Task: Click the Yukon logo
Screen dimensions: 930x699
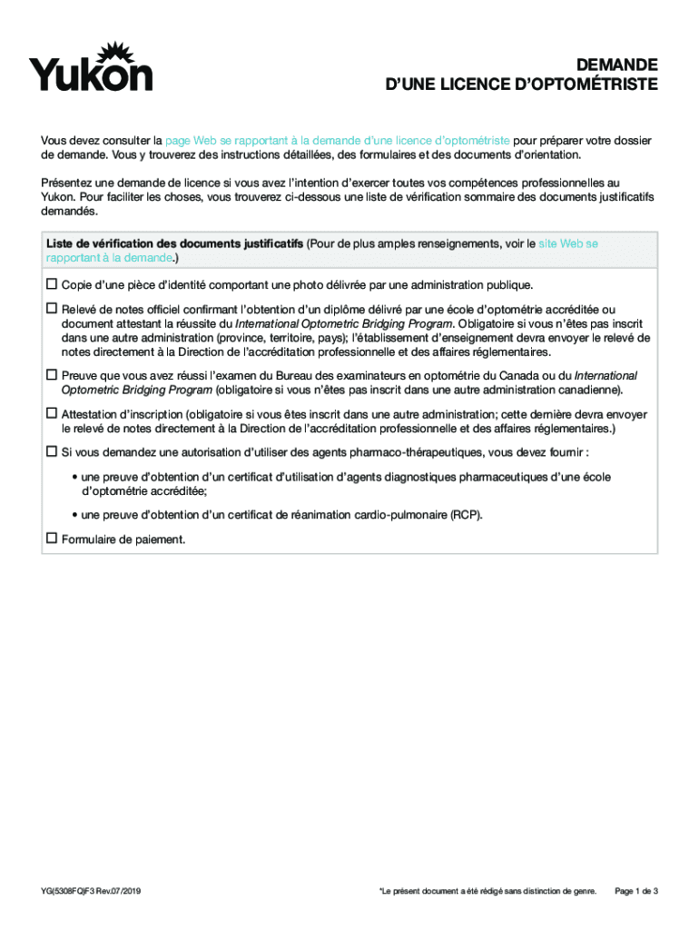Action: [x=90, y=67]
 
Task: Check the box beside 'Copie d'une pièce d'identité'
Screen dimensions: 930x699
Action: [x=51, y=284]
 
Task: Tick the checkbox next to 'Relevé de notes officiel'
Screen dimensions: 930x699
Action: [x=51, y=309]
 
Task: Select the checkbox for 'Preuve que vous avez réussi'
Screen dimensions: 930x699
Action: [x=51, y=375]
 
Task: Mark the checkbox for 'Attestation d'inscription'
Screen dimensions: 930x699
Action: [x=51, y=413]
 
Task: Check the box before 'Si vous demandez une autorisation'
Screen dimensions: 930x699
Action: [x=51, y=451]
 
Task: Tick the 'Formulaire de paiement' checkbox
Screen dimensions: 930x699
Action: [x=51, y=539]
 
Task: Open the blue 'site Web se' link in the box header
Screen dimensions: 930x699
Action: [x=568, y=243]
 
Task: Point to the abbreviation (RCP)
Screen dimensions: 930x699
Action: [x=466, y=515]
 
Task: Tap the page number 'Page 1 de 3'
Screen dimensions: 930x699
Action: [x=636, y=891]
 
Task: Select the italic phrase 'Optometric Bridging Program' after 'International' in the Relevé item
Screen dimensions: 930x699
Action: [x=378, y=323]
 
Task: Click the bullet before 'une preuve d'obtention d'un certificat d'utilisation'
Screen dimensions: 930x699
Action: [x=74, y=477]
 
